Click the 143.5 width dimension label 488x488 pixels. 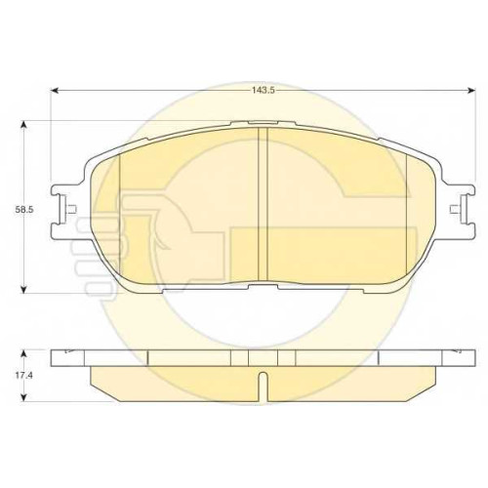pyautogui.click(x=263, y=90)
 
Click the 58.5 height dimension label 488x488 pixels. pyautogui.click(x=23, y=210)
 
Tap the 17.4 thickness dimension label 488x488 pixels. pyautogui.click(x=23, y=375)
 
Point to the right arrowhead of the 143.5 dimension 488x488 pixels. pyautogui.click(x=471, y=90)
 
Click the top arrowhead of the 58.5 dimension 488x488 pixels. pyautogui.click(x=23, y=125)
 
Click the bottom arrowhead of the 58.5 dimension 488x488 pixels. pyautogui.click(x=23, y=290)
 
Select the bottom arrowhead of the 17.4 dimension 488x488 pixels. pyautogui.click(x=23, y=397)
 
